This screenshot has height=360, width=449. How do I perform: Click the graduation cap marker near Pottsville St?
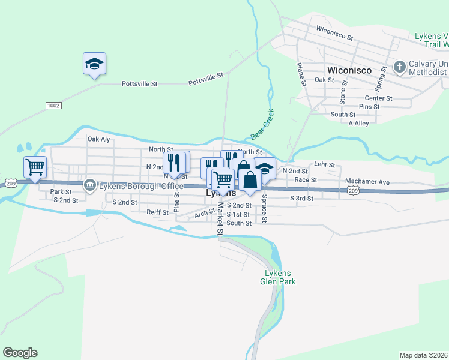[x=94, y=64]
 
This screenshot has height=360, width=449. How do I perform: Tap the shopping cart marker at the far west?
[x=35, y=167]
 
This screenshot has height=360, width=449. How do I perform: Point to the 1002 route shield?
[x=53, y=106]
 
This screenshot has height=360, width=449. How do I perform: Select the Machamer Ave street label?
[x=367, y=182]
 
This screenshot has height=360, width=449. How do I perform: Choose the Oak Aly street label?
[x=99, y=139]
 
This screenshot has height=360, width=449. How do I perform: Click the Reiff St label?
[x=158, y=212]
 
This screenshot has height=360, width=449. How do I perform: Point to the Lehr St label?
[x=324, y=164]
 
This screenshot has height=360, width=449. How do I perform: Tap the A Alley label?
[x=358, y=124]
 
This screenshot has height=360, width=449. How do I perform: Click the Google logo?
[x=20, y=353]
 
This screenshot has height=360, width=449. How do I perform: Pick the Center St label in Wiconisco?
[x=378, y=98]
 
